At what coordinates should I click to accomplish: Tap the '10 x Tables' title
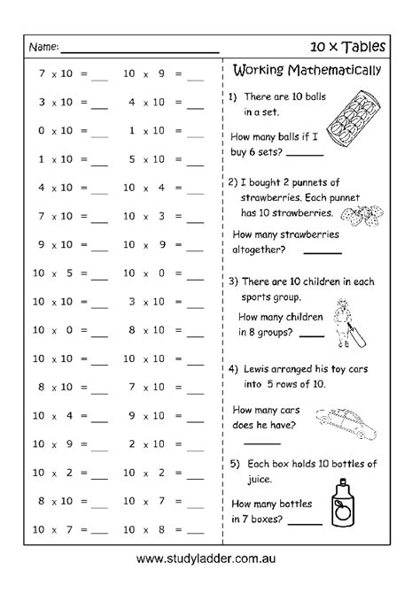tap(360, 43)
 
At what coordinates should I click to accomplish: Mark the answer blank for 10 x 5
tap(98, 274)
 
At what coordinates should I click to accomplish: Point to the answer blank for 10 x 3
tap(196, 218)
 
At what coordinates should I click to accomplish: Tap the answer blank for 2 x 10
tap(196, 446)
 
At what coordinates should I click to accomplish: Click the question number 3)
tap(235, 281)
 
